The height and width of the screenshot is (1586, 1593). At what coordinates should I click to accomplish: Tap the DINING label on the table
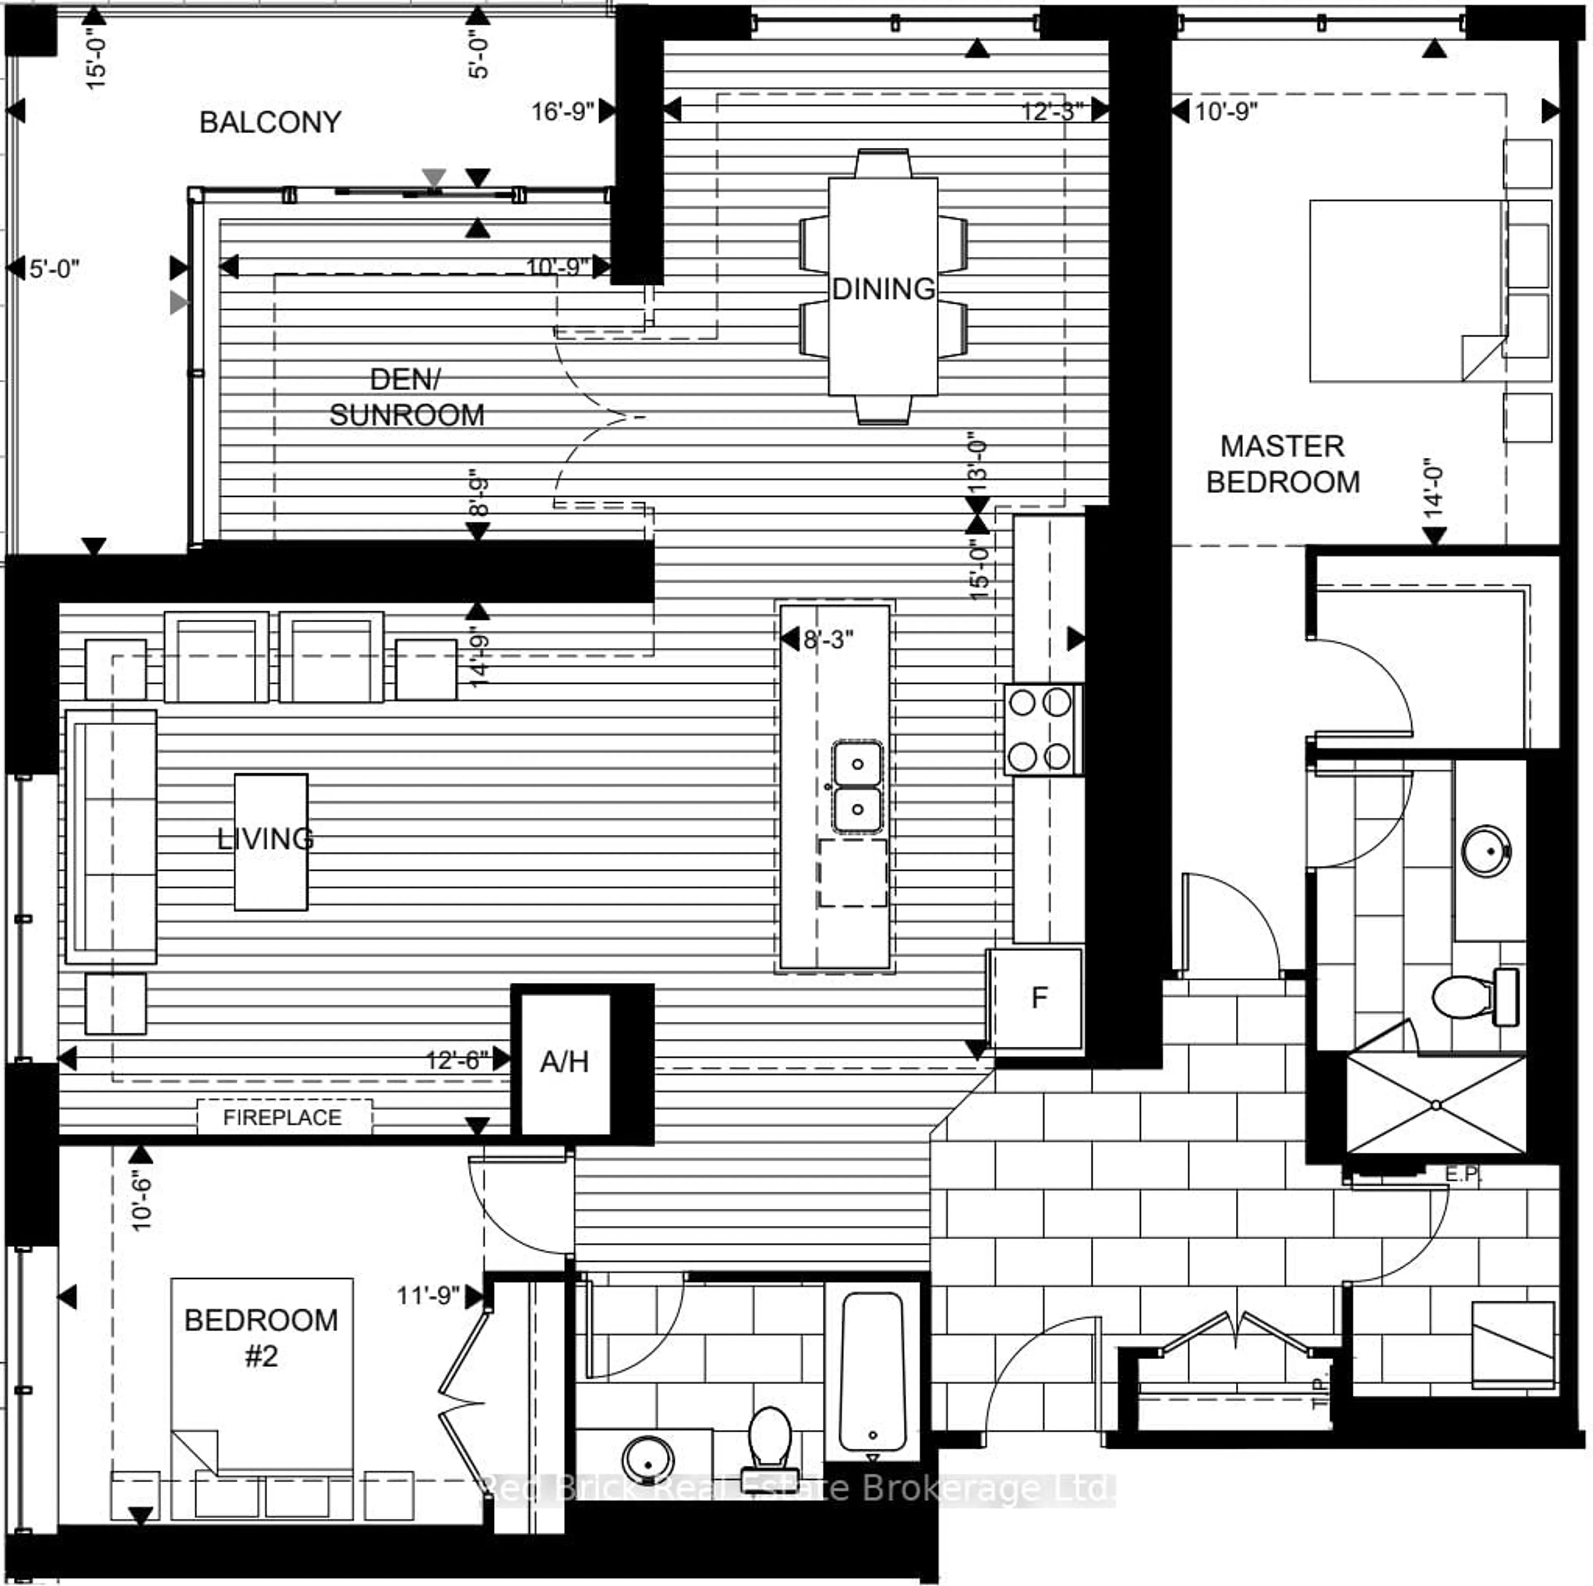[883, 289]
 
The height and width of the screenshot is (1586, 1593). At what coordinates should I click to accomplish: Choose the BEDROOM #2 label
[261, 1337]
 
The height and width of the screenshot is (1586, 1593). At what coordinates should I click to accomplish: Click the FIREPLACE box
[283, 1117]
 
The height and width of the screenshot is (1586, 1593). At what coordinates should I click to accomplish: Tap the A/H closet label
[564, 1062]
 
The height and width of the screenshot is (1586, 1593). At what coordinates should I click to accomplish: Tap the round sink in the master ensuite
[1486, 851]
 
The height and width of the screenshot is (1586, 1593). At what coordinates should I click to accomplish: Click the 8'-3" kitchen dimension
[828, 639]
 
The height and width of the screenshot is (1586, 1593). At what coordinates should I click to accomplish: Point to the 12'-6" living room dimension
[456, 1059]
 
